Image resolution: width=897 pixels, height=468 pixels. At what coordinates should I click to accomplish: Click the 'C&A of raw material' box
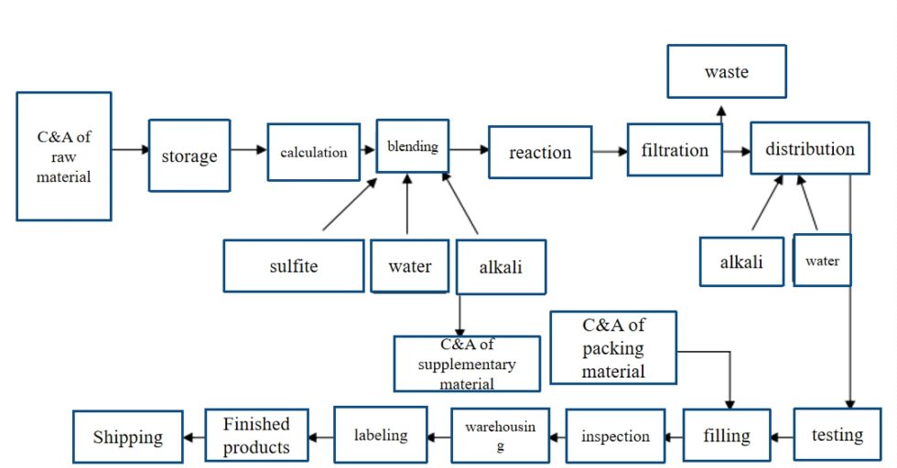tap(64, 155)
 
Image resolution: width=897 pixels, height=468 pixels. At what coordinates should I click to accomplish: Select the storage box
tap(189, 155)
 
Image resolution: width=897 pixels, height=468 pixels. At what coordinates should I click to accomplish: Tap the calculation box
tap(314, 152)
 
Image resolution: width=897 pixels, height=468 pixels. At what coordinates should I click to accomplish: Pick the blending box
tap(412, 145)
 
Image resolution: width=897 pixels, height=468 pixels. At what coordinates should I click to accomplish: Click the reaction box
tap(540, 152)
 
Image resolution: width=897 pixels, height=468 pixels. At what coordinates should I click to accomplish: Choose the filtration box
tap(675, 150)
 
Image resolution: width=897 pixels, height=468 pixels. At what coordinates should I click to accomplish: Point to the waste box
tap(727, 71)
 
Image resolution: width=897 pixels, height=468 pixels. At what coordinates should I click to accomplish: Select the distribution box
tap(810, 149)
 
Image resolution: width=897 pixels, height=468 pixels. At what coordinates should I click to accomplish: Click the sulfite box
tap(294, 266)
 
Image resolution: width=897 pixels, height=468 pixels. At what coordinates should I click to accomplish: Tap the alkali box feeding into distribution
tap(741, 261)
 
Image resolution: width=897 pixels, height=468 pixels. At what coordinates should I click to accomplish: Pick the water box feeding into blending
tap(409, 266)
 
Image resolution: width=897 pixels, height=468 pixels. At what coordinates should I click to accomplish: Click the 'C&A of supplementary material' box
tap(467, 364)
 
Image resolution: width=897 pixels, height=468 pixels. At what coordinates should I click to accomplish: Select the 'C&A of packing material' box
tap(613, 347)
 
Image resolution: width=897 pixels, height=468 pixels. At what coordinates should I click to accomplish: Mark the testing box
tap(838, 434)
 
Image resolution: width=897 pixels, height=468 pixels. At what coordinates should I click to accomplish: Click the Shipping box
tap(127, 437)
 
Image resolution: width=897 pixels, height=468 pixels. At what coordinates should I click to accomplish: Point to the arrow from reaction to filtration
tap(610, 152)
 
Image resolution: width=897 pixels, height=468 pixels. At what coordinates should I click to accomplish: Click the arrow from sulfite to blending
tap(350, 204)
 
